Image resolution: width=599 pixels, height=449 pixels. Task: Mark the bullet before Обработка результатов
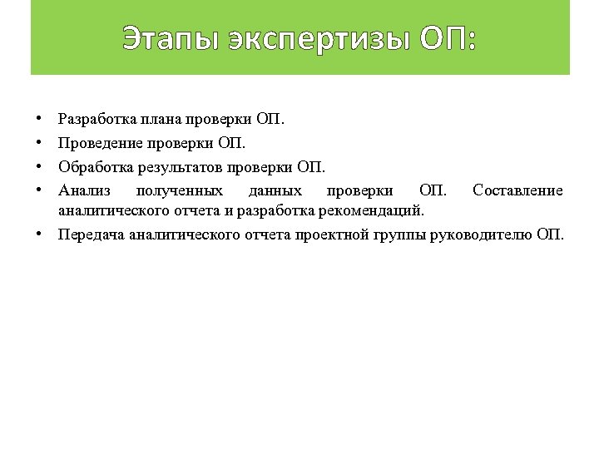click(x=39, y=167)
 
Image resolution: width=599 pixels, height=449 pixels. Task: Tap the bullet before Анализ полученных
click(x=39, y=191)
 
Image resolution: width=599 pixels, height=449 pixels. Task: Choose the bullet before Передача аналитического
click(x=39, y=234)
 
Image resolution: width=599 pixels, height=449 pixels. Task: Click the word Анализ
click(x=81, y=191)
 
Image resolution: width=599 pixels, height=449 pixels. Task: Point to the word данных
click(x=275, y=191)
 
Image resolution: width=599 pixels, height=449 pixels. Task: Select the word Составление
click(x=517, y=191)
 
